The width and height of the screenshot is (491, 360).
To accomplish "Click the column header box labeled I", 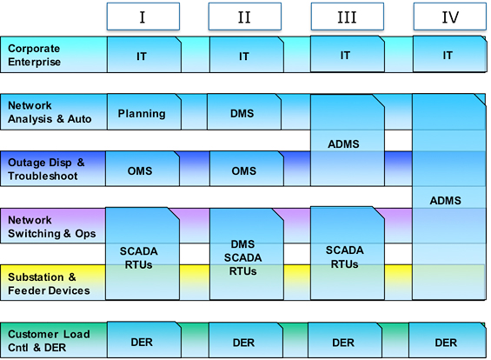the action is click(143, 17).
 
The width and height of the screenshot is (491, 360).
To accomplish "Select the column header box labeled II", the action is click(245, 17).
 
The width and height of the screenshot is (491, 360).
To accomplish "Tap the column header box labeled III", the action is click(348, 17).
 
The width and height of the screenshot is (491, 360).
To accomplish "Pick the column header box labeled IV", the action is click(449, 17).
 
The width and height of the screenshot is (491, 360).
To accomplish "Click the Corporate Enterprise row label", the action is click(34, 55).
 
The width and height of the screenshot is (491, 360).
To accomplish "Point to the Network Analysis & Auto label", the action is click(50, 112).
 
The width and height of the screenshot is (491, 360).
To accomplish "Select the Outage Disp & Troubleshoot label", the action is click(46, 170).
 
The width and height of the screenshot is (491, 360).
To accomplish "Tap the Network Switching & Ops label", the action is click(51, 227).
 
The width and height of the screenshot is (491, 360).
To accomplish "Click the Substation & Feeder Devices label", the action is click(49, 283).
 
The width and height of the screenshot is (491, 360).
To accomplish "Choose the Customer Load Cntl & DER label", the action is click(49, 341).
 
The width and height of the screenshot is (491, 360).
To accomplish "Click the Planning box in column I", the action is click(144, 112).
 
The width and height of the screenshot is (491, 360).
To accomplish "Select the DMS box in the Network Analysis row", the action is click(244, 112).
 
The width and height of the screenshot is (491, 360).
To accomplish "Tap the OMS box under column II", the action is click(247, 169).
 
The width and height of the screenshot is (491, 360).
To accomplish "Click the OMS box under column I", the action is click(143, 169).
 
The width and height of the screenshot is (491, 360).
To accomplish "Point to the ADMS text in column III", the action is click(343, 144).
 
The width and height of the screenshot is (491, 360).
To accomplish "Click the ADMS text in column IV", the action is click(445, 201).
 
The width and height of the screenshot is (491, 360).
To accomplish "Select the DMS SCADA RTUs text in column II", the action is click(242, 257).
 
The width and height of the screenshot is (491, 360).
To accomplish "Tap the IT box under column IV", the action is click(450, 54).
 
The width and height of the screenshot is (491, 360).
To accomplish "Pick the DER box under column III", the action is click(345, 340).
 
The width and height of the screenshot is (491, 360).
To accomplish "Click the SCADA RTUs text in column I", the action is click(139, 258).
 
